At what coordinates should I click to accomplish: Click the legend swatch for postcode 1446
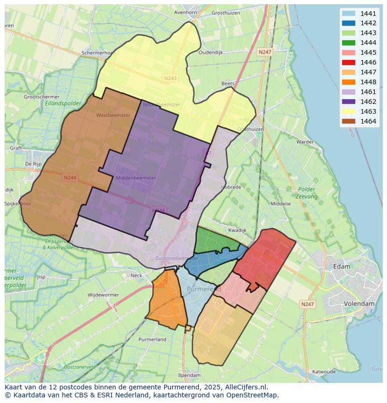pos(348,62)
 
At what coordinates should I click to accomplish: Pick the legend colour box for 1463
pos(348,111)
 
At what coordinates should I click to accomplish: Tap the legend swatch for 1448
pos(348,82)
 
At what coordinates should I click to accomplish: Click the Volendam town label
pos(359,304)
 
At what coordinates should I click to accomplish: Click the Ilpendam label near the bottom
pos(189,375)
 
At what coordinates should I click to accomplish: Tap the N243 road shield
pos(170,78)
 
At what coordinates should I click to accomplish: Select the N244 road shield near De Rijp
pos(70,177)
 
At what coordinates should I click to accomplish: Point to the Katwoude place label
pos(324,372)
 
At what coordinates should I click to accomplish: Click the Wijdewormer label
pos(103,295)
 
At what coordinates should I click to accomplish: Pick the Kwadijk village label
pos(237,230)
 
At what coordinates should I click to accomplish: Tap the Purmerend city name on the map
pos(204,290)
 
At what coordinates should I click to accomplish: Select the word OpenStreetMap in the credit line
pos(252,395)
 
